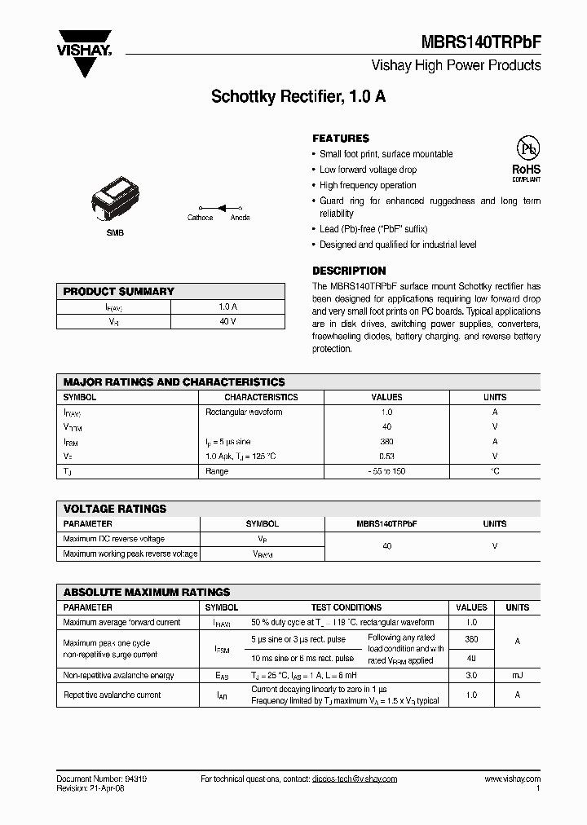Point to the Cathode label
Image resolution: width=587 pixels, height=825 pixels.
(x=200, y=218)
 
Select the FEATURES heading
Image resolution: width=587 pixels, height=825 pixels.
(x=341, y=139)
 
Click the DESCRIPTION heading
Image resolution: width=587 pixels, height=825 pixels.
(x=349, y=271)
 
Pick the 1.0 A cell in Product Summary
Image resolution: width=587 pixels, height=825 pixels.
(x=227, y=307)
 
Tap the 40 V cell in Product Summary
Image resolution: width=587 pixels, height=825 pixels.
(x=227, y=321)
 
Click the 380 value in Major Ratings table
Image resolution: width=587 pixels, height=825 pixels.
(x=386, y=442)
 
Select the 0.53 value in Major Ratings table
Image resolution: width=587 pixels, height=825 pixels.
(x=386, y=457)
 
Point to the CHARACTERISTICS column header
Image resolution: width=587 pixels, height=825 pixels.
(x=261, y=398)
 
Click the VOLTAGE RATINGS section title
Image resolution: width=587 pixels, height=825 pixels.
(x=115, y=509)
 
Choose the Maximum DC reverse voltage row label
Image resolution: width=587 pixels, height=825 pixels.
(x=113, y=539)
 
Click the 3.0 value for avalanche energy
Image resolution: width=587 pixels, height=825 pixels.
(x=471, y=675)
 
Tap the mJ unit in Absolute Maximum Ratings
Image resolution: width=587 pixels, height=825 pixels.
(x=517, y=675)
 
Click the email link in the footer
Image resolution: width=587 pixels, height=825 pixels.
(x=354, y=779)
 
